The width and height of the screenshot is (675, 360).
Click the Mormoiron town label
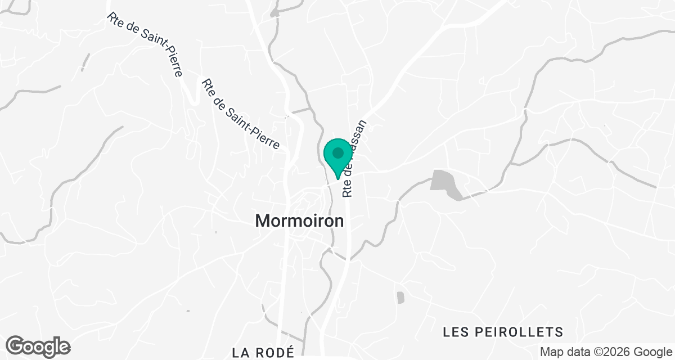click(299, 221)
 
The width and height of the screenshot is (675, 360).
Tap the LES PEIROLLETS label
click(503, 331)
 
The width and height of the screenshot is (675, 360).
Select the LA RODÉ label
click(263, 353)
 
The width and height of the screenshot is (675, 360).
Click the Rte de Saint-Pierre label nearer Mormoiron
click(240, 114)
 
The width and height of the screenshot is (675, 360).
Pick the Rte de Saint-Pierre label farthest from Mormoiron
click(145, 45)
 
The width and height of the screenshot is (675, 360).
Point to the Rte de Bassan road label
click(354, 159)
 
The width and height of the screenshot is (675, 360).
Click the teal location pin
click(337, 157)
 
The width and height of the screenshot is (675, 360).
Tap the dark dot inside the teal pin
click(337, 153)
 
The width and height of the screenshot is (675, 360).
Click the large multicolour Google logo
click(38, 346)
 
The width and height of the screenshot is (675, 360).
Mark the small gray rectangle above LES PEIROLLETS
click(400, 298)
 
